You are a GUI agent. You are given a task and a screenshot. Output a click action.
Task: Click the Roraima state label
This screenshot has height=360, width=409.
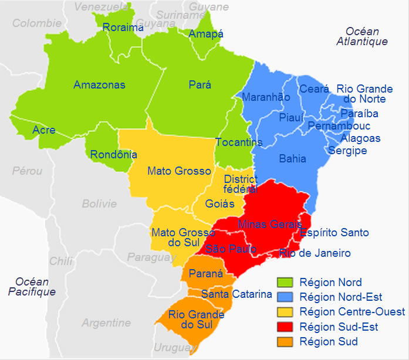coord(123,28)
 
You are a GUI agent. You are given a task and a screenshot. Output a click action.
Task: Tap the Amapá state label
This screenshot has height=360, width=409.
coord(206,34)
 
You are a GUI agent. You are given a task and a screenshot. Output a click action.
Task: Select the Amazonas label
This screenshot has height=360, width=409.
coord(99,85)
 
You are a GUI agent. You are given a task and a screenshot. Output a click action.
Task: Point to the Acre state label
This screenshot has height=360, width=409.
coord(44,130)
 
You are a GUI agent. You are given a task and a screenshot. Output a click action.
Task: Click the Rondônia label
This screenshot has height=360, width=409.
coord(114,155)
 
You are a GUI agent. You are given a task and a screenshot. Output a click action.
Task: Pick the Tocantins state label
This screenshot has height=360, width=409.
coord(239,142)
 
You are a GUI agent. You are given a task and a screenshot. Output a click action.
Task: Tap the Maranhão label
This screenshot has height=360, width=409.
coord(266,97)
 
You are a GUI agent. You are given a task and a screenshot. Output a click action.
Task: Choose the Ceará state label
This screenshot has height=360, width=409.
coord(310,89)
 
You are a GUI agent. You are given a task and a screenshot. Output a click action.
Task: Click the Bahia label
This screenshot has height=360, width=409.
coord(292,159)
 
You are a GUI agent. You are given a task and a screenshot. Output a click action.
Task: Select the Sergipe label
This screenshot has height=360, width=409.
coord(347,151)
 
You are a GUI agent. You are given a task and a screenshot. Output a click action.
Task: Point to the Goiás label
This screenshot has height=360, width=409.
coord(220,204)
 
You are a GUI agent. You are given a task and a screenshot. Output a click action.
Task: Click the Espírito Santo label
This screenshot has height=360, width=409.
coord(334,233)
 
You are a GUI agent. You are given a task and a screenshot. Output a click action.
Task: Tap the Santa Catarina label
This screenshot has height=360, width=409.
coord(236,294)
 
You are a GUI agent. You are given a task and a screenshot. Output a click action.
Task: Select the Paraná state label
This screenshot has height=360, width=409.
coord(205,274)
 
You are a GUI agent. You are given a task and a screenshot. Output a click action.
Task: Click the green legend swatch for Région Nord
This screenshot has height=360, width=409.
coord(285,282)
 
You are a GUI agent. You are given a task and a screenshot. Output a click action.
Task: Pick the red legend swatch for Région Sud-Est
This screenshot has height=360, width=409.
coord(285,327)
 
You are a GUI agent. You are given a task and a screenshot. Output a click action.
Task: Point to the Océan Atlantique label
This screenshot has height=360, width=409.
coord(362,36)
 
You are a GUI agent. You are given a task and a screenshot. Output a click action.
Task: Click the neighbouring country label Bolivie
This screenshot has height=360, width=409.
coord(99,204)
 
